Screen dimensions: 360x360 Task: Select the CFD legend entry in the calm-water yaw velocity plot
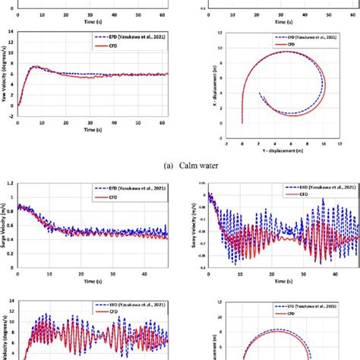[114, 46]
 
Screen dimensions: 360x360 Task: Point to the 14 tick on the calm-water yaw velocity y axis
[10, 31]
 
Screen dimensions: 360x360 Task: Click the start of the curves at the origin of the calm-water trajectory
[242, 122]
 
